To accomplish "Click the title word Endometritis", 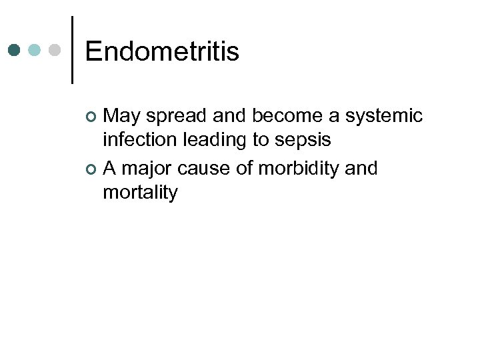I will tap(162, 51).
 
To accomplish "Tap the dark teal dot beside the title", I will tap(15, 50).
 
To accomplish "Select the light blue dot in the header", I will tap(35, 50).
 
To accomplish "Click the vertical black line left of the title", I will tap(72, 50).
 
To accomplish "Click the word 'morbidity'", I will tap(299, 169).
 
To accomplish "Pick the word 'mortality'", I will tap(141, 193).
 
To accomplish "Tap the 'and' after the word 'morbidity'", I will tap(362, 169).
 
